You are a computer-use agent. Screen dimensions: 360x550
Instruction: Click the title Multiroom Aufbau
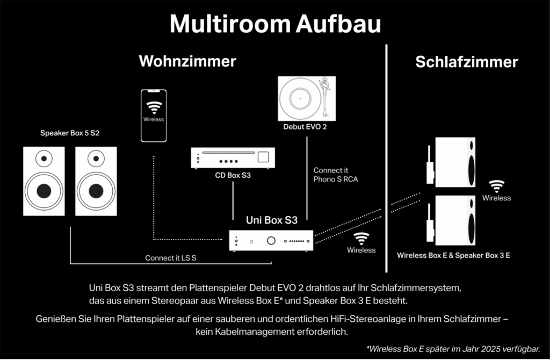click(275, 24)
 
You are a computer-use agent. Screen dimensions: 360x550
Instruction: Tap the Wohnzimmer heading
click(187, 61)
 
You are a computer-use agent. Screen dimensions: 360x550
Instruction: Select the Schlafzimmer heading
click(466, 62)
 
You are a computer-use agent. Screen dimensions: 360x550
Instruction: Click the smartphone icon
click(154, 116)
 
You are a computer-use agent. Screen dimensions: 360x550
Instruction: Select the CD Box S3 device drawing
click(233, 158)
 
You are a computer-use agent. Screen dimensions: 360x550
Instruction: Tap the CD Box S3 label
click(233, 175)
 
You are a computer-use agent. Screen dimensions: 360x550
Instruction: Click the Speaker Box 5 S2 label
click(70, 133)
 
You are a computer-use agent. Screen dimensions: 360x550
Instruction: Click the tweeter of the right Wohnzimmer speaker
click(96, 158)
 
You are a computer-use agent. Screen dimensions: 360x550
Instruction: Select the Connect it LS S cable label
click(171, 258)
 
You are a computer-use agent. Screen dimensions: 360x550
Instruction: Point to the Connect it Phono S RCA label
click(336, 175)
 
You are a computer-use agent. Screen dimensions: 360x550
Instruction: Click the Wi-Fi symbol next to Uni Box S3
click(361, 238)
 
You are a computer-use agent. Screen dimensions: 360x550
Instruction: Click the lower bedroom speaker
click(454, 220)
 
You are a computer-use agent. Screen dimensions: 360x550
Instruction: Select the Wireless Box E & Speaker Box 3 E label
click(453, 255)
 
